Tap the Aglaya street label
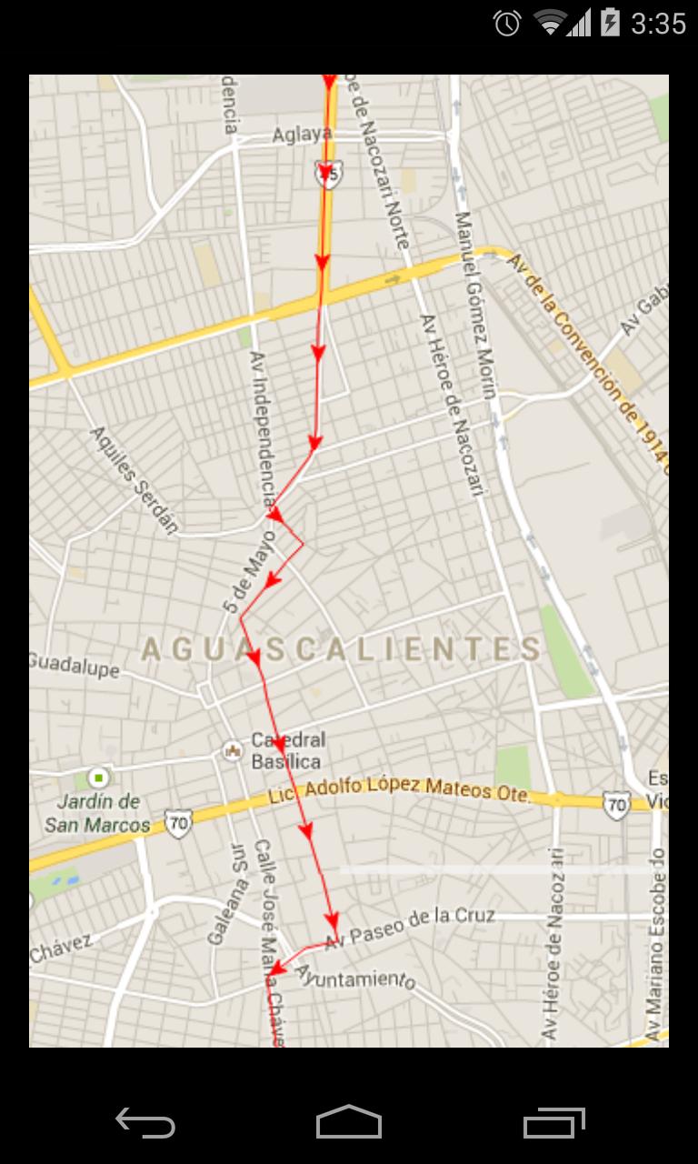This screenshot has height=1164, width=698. point(303,135)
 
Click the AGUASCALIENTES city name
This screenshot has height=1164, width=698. point(342,649)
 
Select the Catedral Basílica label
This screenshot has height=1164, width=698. point(287,750)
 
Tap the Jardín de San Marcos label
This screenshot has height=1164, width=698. point(97,813)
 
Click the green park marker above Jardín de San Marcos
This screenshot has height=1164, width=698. point(98,778)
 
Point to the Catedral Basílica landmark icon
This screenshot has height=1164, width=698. point(232,751)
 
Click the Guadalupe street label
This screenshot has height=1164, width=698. point(74,664)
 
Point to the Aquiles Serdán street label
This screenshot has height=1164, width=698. point(135,478)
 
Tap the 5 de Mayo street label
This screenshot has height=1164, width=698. point(249,579)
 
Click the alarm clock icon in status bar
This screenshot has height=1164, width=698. point(507,23)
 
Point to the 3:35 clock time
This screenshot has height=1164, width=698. point(658,23)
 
